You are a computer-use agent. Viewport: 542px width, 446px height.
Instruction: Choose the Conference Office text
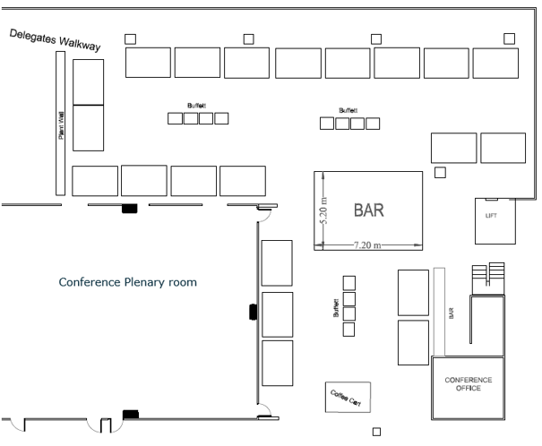[469, 384]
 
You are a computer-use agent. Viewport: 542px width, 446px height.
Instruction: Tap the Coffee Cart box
[347, 396]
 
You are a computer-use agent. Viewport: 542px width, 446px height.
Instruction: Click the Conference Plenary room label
[127, 282]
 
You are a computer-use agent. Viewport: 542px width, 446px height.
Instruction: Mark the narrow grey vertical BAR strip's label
[451, 314]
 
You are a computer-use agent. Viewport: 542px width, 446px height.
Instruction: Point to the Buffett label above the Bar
[348, 110]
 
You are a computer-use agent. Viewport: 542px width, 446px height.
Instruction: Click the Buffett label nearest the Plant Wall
[196, 105]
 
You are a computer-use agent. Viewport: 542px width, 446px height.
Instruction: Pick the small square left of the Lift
[440, 173]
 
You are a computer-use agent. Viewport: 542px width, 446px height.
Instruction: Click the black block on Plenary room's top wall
[129, 209]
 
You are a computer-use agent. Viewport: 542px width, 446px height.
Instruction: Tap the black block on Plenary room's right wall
[253, 312]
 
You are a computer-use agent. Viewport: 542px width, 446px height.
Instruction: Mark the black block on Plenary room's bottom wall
[131, 413]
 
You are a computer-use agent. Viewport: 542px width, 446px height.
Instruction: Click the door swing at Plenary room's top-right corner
[265, 211]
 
